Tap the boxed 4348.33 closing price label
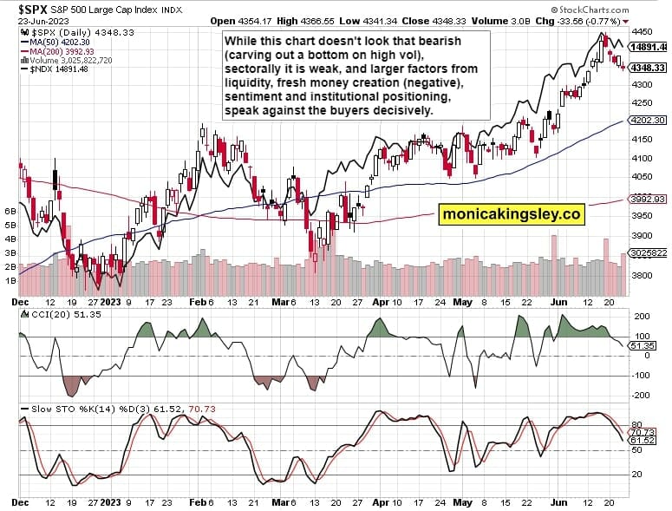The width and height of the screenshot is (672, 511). point(649,68)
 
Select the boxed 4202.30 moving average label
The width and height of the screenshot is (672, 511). point(649,121)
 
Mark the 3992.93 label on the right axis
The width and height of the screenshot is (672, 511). point(649,199)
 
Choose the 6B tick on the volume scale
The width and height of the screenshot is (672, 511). point(10,211)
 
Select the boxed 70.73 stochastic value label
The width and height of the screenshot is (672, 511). point(649,431)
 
